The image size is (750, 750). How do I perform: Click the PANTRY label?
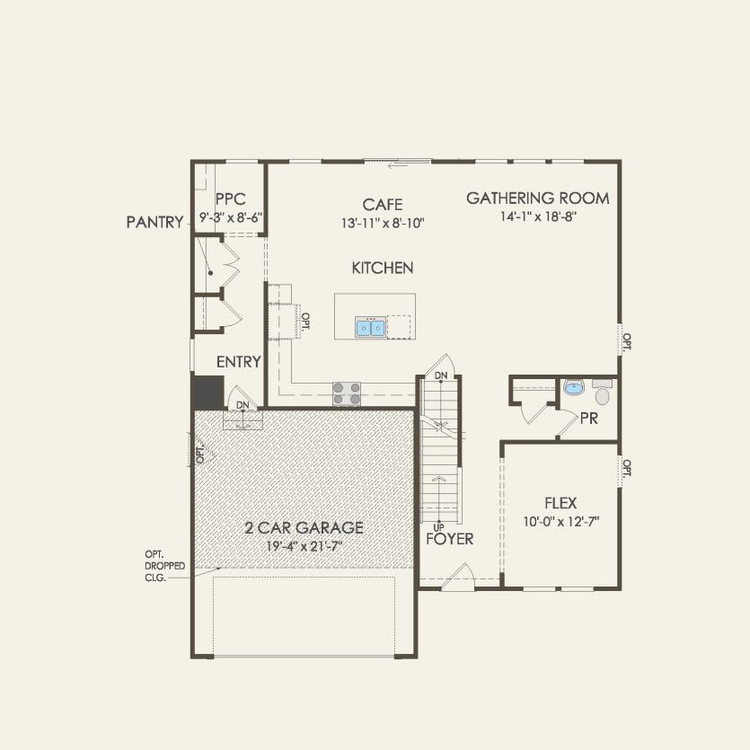point(154,221)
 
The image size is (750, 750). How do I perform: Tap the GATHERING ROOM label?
point(537,199)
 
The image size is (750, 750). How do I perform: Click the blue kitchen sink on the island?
point(370,327)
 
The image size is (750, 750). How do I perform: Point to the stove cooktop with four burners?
point(348,393)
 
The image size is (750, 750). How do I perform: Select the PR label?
point(589,419)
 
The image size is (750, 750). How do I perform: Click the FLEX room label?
point(560,503)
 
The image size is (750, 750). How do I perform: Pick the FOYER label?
point(450,539)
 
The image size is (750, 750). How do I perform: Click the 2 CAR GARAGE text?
point(304,527)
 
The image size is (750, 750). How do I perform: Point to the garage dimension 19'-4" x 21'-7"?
point(304,545)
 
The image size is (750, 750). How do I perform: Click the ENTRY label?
point(238,362)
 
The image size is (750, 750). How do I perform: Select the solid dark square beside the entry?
point(208,393)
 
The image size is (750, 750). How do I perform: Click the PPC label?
point(231,199)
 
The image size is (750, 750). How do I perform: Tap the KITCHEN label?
point(382,268)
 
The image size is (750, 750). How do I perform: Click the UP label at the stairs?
point(439,526)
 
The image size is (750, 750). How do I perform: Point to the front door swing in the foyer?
point(463,576)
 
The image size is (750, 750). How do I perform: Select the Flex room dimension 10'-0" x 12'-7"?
point(560,521)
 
